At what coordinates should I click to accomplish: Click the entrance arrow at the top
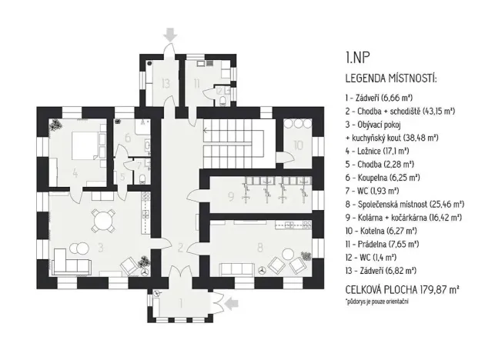tap(169, 34)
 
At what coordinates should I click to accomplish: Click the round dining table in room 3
tap(101, 223)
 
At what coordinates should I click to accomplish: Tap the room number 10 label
tap(297, 145)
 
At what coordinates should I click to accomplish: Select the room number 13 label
tap(164, 82)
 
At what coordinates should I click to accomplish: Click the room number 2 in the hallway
tap(179, 248)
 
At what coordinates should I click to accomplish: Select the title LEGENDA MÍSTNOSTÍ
tap(392, 78)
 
